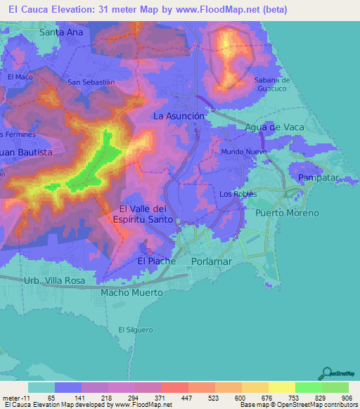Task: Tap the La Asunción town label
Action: pyautogui.click(x=179, y=116)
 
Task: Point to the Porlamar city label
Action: pyautogui.click(x=211, y=261)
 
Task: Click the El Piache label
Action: pyautogui.click(x=152, y=261)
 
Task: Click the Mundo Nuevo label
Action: pyautogui.click(x=242, y=152)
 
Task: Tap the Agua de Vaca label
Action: pyautogui.click(x=273, y=127)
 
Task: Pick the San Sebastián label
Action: pyautogui.click(x=91, y=82)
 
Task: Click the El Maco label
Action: pyautogui.click(x=20, y=77)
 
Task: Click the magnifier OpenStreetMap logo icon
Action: pyautogui.click(x=328, y=373)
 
